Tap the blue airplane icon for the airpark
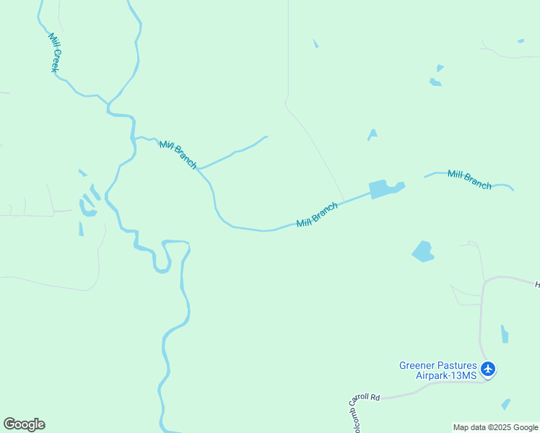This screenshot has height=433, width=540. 488,369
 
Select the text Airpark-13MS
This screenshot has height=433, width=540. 446,375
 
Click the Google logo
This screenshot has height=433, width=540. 24,424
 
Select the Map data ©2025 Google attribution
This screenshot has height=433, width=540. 495,427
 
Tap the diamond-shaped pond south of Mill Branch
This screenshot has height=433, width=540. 422,251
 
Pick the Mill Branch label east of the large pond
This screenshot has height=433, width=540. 469,179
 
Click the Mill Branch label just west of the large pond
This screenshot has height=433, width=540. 317,214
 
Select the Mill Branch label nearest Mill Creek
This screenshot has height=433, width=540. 178,154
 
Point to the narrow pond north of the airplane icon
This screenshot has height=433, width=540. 505,334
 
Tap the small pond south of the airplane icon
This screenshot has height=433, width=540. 505,404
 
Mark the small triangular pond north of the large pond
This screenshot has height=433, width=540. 373,134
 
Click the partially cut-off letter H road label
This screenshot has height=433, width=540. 537,285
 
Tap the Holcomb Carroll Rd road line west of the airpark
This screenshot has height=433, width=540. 404,393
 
